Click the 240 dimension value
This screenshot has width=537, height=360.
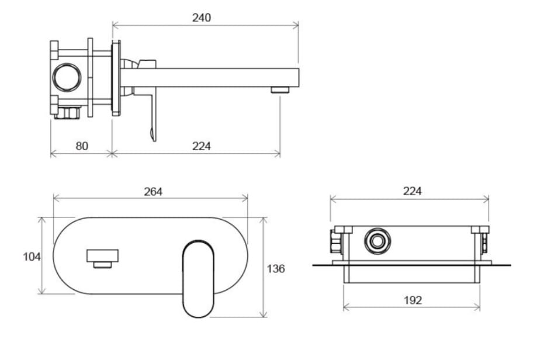coord(202,18)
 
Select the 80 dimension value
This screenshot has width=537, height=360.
coord(82,146)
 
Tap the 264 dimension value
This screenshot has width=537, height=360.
coord(153,191)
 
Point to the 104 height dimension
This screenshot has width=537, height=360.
coord(32,257)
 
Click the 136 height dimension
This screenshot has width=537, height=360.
coord(276,269)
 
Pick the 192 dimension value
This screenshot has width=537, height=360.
coord(413,300)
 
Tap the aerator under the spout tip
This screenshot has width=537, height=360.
coord(280,90)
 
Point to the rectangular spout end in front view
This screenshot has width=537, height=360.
coord(103,255)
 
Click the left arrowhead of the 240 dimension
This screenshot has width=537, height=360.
coord(114,25)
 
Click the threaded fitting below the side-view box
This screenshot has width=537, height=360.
coord(68,113)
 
